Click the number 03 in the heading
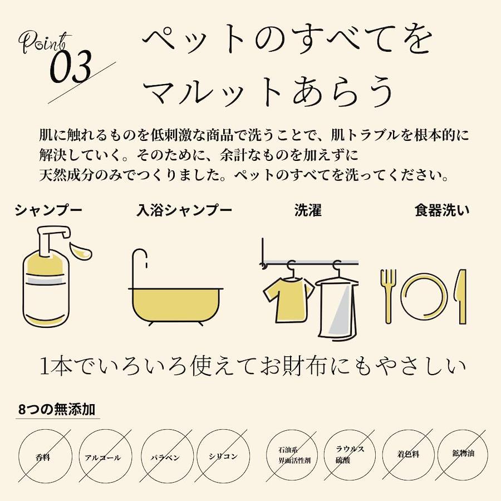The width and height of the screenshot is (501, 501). [71, 66]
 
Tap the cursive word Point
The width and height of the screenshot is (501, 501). [45, 42]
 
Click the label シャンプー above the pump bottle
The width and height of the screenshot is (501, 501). [48, 210]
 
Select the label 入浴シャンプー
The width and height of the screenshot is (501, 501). [184, 210]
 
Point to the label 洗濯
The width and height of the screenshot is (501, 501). [308, 210]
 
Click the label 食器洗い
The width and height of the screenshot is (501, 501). [442, 210]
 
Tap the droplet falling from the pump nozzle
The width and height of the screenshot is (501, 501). [81, 251]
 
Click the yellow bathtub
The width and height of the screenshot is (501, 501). [176, 305]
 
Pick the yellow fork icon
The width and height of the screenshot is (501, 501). [388, 296]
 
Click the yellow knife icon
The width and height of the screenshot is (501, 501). [461, 296]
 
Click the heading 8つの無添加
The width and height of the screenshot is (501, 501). [57, 409]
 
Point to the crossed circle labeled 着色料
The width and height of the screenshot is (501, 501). [409, 454]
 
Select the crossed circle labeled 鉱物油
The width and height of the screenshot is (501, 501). [463, 453]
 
